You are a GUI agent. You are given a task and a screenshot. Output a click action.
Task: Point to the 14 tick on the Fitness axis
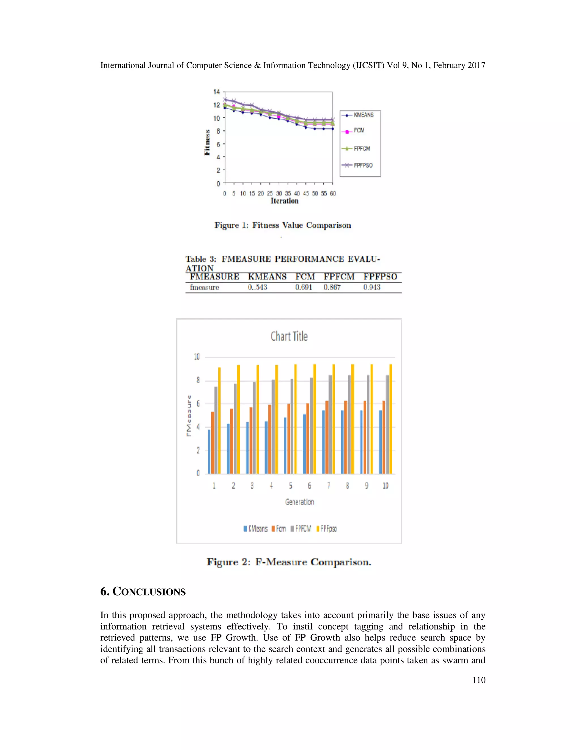(216, 92)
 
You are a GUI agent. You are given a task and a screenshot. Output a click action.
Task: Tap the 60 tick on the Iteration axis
(332, 194)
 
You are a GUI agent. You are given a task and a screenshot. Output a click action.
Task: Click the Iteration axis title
(285, 201)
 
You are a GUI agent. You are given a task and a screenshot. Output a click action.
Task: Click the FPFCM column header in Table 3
(339, 277)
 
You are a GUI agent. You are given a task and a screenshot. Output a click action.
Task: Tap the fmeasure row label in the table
(204, 288)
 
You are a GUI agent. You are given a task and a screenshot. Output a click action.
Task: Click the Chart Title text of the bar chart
(289, 336)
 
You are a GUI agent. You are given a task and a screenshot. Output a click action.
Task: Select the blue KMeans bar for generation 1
(209, 452)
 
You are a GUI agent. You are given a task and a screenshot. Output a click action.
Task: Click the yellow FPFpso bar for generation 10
(391, 419)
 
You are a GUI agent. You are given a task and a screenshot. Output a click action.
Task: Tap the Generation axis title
(299, 502)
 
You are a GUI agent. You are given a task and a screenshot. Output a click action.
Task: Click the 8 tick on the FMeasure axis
(198, 380)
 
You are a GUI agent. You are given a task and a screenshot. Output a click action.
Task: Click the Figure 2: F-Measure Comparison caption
(289, 562)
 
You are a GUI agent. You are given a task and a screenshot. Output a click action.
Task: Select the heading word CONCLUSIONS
(149, 592)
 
